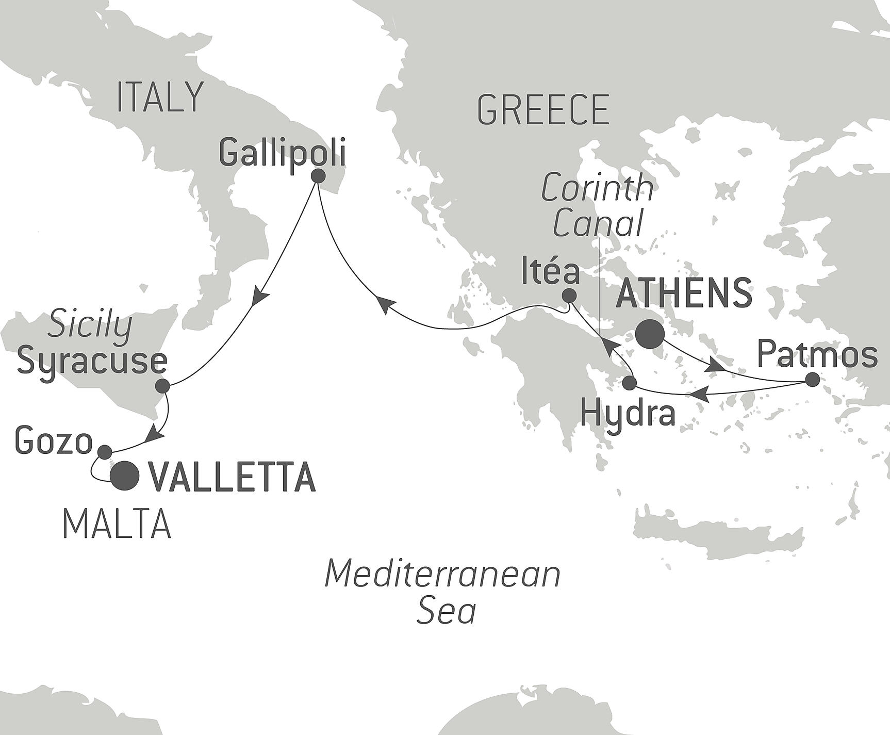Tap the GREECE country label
[543, 109]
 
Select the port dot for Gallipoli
[318, 176]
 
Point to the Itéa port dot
[569, 296]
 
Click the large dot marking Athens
[650, 335]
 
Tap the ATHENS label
[684, 293]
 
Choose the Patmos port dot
[812, 380]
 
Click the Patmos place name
[818, 355]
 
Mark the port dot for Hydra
[630, 383]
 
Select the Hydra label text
[628, 413]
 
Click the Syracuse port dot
[162, 386]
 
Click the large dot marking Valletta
[126, 476]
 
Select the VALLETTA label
[232, 477]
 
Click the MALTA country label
[117, 524]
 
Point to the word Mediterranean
[442, 575]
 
